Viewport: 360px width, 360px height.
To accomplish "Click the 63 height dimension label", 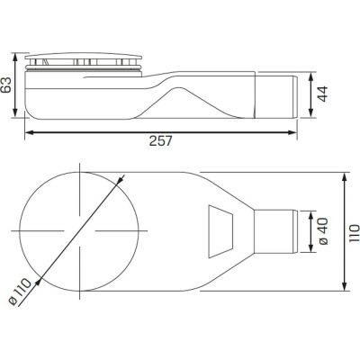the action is tap(6, 85).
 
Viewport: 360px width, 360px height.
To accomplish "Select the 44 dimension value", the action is tap(322, 94).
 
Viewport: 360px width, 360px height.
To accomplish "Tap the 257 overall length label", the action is tap(161, 141).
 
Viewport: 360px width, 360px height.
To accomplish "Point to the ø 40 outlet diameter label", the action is tap(323, 231).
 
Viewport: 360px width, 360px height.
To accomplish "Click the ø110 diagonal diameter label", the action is tap(21, 292).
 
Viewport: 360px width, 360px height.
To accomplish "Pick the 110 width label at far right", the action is tap(354, 232).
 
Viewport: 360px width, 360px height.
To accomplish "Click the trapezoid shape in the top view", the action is tap(220, 231).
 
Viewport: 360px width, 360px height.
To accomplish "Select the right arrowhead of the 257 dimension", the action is tap(292, 132).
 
